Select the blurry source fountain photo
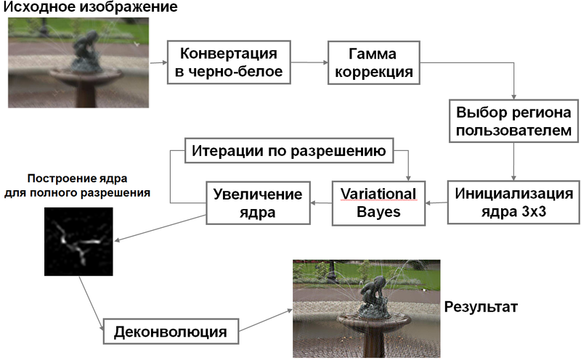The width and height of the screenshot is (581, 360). click(x=79, y=64)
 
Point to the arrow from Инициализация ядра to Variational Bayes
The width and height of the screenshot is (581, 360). click(x=436, y=203)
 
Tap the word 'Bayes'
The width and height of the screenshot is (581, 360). click(x=378, y=213)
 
